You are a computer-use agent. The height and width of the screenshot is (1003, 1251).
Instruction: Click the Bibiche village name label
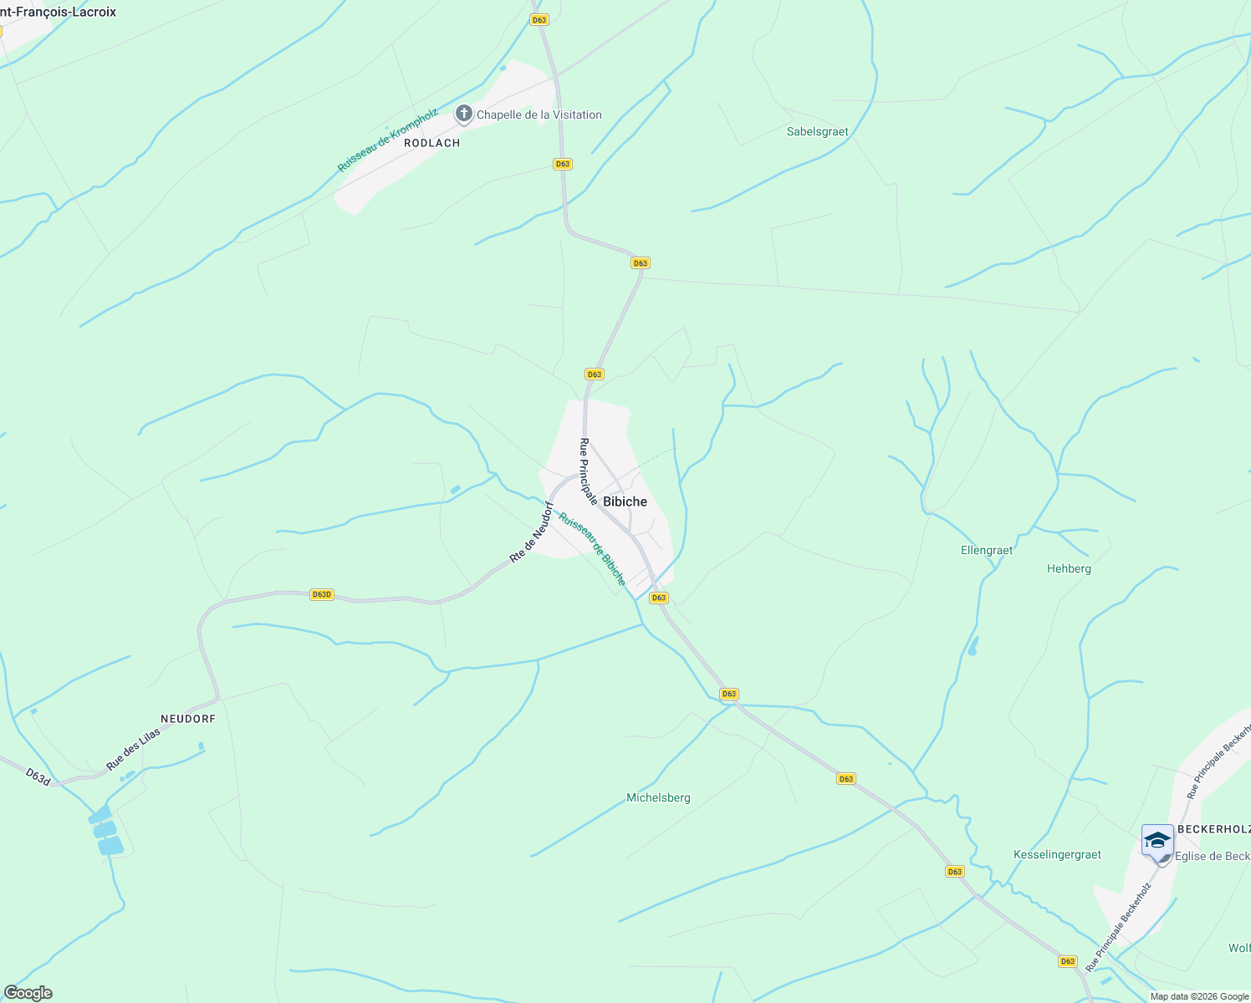(x=625, y=501)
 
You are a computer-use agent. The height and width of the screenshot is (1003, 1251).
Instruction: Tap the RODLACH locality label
(x=432, y=143)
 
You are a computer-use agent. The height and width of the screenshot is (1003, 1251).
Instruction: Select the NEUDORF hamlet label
(x=188, y=719)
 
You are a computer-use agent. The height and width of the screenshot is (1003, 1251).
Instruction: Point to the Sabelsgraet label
(x=817, y=132)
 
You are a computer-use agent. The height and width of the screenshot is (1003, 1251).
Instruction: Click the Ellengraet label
(x=987, y=551)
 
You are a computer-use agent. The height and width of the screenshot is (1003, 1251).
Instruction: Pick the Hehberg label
(x=1069, y=569)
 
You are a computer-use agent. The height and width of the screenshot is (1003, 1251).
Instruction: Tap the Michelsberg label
(x=658, y=798)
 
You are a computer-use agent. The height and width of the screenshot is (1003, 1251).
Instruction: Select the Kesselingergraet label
(x=1057, y=855)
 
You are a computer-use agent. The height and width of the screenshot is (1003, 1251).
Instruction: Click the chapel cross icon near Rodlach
(x=464, y=114)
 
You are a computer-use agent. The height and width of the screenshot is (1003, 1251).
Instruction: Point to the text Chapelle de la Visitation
(x=539, y=115)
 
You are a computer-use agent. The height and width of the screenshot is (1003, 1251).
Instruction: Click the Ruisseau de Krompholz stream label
(x=387, y=140)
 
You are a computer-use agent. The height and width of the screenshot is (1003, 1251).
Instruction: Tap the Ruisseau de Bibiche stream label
(x=592, y=548)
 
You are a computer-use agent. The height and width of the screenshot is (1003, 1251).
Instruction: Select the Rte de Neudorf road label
(x=532, y=532)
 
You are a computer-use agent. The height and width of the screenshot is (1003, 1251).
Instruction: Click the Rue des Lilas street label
(x=133, y=749)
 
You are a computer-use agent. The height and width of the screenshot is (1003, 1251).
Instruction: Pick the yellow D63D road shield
(x=321, y=595)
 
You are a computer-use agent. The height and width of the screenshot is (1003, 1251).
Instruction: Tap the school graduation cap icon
(x=1157, y=841)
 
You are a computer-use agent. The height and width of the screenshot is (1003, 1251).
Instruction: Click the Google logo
(x=28, y=993)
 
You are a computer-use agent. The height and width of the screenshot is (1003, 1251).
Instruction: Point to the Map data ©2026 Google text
(x=1199, y=996)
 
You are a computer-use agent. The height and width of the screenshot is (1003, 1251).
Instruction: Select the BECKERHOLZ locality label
(x=1213, y=829)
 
